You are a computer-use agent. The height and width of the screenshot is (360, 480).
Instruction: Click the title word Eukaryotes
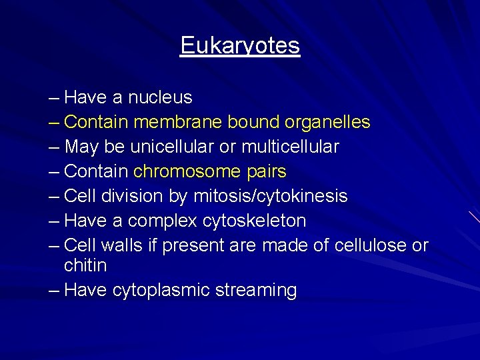(240, 46)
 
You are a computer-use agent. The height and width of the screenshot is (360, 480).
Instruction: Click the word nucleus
(160, 98)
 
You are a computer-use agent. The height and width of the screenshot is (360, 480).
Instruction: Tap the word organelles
(327, 123)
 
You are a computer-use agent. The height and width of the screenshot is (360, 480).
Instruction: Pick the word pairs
(265, 172)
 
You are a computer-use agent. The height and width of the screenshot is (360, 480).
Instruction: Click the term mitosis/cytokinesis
(269, 196)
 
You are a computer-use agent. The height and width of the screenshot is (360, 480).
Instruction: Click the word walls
(121, 245)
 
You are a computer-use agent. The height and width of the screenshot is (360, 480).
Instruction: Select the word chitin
(85, 265)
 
